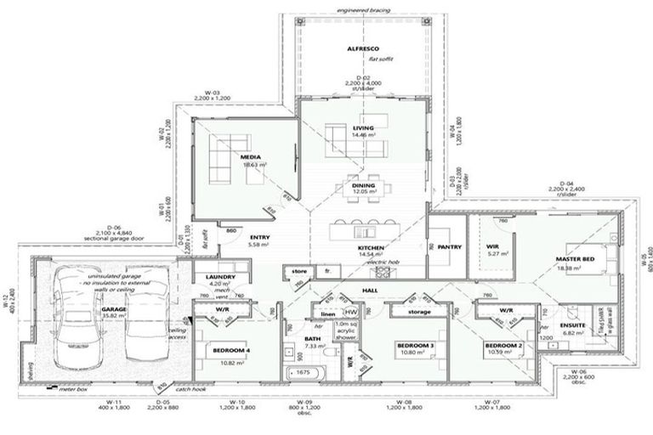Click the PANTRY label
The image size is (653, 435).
[450, 247]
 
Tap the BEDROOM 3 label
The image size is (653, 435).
[416, 345]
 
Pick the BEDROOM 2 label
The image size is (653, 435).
[502, 345]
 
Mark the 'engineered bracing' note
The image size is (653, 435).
[363, 9]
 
